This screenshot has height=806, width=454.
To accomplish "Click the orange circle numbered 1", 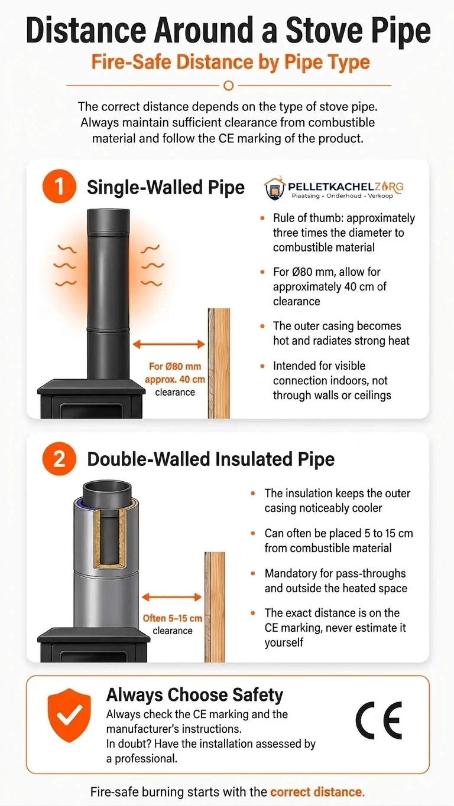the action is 60,187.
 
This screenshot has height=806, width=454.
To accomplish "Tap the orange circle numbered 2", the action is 60,459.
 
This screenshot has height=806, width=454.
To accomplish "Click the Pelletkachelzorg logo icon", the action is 275,187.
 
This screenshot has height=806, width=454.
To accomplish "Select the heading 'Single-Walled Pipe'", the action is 166,187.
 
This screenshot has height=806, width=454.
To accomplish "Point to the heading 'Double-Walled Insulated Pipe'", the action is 211,459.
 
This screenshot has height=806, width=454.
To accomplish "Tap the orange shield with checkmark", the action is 69,715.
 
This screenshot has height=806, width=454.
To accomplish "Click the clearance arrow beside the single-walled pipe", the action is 168,344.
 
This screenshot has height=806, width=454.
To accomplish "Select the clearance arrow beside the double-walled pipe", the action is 171,598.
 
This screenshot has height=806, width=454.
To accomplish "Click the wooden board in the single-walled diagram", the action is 219,363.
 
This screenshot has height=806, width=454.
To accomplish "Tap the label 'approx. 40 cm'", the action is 175,380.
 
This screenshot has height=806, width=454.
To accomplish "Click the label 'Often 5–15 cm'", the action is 172,618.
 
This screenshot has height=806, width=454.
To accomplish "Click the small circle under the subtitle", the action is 229,86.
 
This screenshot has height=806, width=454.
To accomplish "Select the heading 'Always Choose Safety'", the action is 194,695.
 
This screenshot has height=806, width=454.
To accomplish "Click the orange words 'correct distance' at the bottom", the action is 317,792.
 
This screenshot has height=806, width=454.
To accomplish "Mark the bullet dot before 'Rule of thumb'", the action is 262,218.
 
